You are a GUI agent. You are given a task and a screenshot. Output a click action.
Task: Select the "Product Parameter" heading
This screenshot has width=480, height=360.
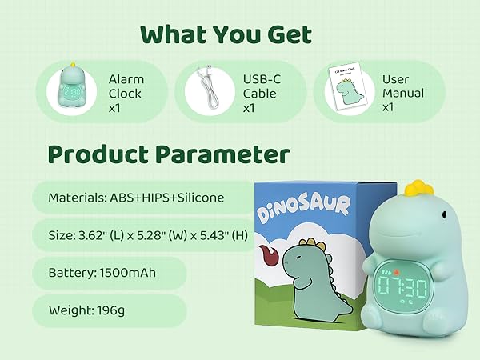coord(168,154)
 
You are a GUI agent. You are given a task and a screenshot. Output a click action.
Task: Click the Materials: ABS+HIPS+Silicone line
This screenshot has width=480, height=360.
coord(137,198)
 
